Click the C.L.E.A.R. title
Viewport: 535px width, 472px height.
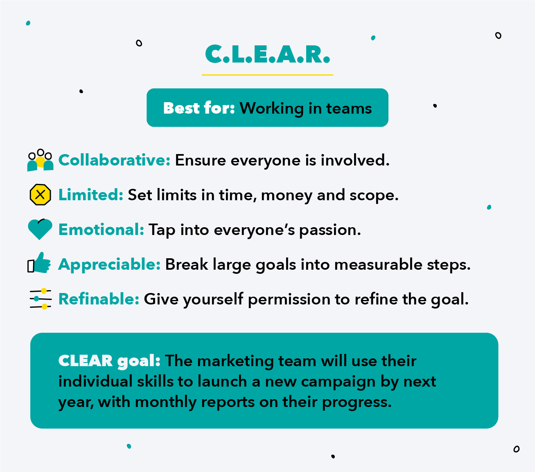tap(267, 54)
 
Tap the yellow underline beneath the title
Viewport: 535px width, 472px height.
tap(267, 75)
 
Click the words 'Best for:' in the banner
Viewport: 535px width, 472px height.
tap(199, 108)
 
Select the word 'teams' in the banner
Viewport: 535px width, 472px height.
tap(349, 108)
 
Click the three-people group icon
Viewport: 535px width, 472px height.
tap(40, 160)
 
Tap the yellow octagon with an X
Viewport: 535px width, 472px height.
tap(40, 195)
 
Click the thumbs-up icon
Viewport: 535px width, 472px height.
tap(39, 263)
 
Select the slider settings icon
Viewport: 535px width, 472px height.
tap(41, 299)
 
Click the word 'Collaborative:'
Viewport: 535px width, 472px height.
tap(114, 160)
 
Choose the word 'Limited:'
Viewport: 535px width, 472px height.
tap(91, 195)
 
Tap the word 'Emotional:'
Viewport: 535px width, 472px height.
tap(101, 229)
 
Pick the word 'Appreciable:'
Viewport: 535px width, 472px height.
tap(109, 264)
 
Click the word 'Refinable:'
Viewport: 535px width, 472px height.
tap(99, 299)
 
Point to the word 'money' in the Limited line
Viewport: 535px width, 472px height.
tap(287, 196)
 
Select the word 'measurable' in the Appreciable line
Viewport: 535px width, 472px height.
tap(378, 264)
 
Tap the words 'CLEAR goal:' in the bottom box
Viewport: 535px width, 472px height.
tap(109, 361)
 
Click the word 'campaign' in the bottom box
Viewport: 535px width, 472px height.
tap(338, 383)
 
